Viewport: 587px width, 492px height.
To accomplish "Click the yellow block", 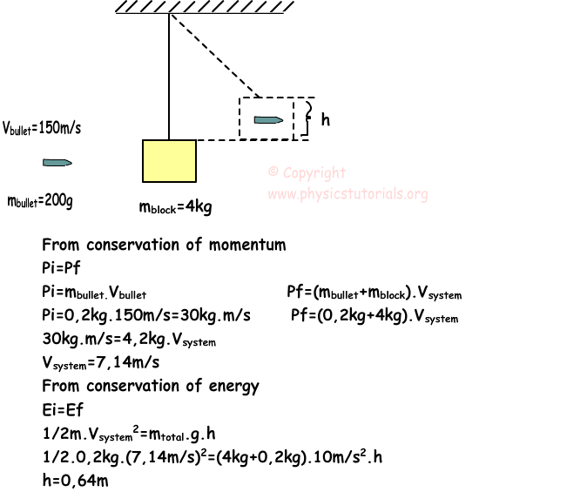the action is [x=169, y=160].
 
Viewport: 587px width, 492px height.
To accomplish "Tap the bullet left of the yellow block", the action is [x=57, y=163].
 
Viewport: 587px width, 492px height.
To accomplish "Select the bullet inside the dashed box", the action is [x=268, y=119].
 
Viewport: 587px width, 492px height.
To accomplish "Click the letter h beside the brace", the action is [x=325, y=120].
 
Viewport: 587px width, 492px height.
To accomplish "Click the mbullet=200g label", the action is [x=40, y=201].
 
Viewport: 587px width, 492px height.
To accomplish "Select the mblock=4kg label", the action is [x=175, y=207].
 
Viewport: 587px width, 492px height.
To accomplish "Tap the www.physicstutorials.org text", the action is [x=347, y=194].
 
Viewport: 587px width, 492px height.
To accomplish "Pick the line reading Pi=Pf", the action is [x=61, y=268].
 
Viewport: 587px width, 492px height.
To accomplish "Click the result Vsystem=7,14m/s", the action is [x=100, y=362].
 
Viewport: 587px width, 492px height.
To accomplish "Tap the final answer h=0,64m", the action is [x=74, y=480].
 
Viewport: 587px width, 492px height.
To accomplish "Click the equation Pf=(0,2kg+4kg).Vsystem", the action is [x=374, y=316].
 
